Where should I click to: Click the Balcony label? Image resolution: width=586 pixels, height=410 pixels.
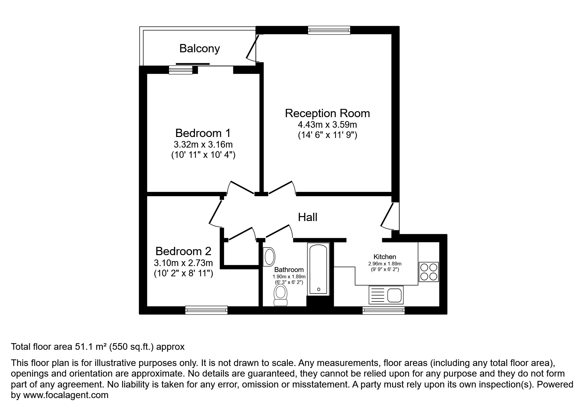200,49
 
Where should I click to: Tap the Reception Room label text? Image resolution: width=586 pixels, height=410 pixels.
327,113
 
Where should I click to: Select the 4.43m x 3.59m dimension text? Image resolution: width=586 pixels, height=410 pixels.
327,125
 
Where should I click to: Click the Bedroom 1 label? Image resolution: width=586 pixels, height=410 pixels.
203,133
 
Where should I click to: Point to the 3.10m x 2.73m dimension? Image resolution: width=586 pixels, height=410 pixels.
183,263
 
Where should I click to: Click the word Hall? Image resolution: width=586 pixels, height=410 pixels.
307,217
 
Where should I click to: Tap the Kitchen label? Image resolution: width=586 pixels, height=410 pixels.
384,257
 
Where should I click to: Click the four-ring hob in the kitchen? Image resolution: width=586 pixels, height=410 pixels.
428,272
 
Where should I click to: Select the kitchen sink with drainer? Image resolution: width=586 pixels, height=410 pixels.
386,295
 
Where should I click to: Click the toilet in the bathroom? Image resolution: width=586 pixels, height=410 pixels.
281,296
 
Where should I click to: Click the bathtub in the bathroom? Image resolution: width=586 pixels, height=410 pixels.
318,269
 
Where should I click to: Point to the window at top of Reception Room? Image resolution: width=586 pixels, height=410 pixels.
329,30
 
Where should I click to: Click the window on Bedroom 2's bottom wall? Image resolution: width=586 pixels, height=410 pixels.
206,310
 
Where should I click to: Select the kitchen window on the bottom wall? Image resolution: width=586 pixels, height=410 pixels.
383,310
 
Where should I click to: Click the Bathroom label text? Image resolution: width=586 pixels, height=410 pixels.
289,270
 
